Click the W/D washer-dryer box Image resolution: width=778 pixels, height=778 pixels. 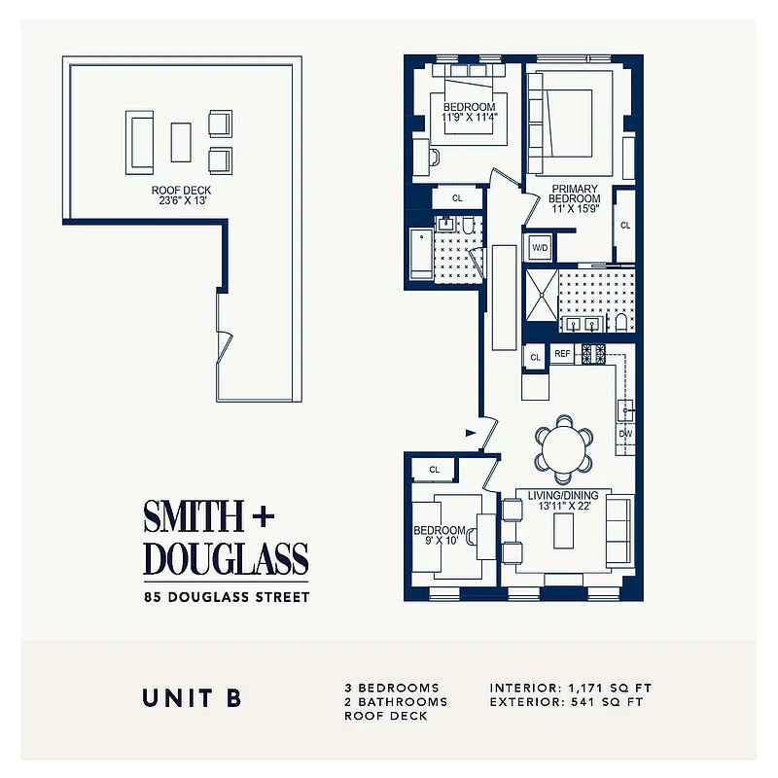coord(539,248)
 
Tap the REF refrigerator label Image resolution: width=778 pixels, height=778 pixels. coord(562,355)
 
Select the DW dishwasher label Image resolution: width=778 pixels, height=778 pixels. coord(625,434)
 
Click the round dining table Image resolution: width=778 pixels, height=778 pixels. coord(564,449)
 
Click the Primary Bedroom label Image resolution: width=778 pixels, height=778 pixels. coord(576,194)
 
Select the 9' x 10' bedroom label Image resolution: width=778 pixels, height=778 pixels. coord(441,536)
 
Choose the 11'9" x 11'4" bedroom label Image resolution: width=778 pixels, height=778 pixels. coord(470,112)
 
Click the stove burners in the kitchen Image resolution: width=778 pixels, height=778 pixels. coord(594,355)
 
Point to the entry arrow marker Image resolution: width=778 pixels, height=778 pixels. coord(472,431)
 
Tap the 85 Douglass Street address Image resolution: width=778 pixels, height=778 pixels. coord(226,596)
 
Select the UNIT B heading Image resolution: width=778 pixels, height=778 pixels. coord(191,697)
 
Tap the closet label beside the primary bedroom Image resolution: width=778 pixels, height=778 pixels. coord(625,226)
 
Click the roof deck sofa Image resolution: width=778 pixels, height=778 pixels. coord(139,142)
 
